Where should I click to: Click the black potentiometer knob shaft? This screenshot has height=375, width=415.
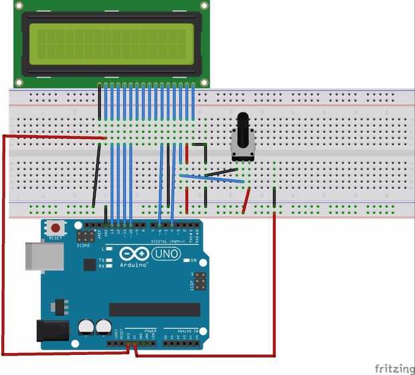point(243,124)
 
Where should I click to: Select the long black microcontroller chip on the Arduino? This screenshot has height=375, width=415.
point(155,309)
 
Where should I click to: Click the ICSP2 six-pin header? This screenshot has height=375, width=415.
point(85,236)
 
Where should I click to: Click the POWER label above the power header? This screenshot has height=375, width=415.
point(150,330)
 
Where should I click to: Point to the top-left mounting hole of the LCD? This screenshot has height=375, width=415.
point(19,5)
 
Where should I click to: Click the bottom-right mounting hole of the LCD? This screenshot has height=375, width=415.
point(204,82)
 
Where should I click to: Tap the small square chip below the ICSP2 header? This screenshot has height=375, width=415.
point(89,265)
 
